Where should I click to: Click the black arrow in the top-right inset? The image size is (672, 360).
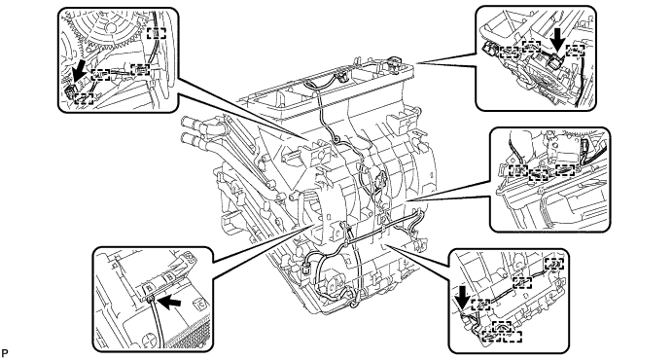pyautogui.click(x=557, y=43)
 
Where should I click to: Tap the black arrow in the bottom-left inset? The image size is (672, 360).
pyautogui.click(x=169, y=303)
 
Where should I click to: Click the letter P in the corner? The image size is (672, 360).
pyautogui.click(x=5, y=353)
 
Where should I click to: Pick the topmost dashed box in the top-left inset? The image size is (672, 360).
pyautogui.click(x=156, y=33)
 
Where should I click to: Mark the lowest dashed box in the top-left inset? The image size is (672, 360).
pyautogui.click(x=84, y=98)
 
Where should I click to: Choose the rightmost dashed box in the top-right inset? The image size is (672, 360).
pyautogui.click(x=575, y=51)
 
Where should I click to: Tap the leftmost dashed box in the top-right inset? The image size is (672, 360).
pyautogui.click(x=510, y=53)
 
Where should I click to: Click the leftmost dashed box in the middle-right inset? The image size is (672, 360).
pyautogui.click(x=518, y=170)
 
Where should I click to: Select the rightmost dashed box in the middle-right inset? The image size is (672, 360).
pyautogui.click(x=565, y=169)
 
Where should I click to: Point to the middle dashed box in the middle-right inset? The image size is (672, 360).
pyautogui.click(x=539, y=174)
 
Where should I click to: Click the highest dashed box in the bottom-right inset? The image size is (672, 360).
pyautogui.click(x=554, y=264)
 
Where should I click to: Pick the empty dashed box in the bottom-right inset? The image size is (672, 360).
pyautogui.click(x=513, y=337)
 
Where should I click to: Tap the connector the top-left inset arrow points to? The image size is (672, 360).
pyautogui.click(x=71, y=90)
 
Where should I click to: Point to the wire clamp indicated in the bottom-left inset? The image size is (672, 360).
pyautogui.click(x=150, y=299)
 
